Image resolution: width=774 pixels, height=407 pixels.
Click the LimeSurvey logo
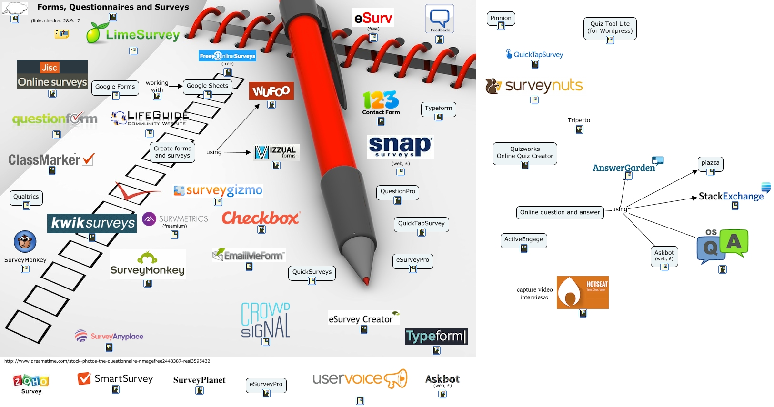(x=133, y=34)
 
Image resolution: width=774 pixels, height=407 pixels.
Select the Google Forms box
(x=115, y=87)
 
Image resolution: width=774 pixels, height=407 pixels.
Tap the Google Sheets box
(x=207, y=86)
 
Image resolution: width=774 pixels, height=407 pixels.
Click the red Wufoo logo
(x=271, y=91)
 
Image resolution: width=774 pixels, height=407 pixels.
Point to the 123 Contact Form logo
(x=381, y=103)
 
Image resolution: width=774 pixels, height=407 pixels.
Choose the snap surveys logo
(x=400, y=147)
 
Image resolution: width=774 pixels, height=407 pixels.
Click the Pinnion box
(x=501, y=18)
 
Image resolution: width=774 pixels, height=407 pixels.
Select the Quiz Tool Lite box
(x=610, y=28)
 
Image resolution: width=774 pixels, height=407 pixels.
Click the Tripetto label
(x=579, y=120)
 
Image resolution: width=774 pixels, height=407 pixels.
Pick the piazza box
(x=710, y=163)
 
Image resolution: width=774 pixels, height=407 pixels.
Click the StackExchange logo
(x=731, y=196)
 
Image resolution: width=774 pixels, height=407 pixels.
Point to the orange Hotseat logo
(x=583, y=292)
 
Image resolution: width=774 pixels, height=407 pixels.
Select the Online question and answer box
(x=560, y=212)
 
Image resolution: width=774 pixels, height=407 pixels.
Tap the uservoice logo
(x=360, y=379)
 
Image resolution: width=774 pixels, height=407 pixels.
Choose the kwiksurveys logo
(x=92, y=223)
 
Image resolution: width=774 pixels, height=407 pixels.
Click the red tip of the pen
(x=366, y=281)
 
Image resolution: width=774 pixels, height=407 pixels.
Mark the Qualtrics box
(x=26, y=197)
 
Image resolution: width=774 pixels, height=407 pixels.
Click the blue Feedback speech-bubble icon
(x=439, y=19)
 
